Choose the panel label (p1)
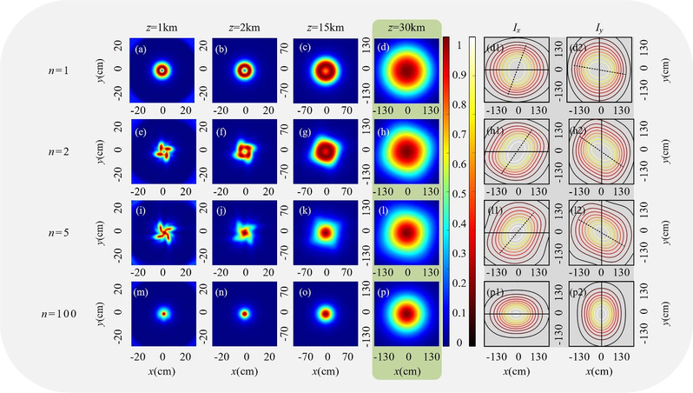coord(498,288)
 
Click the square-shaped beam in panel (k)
coord(327,232)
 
